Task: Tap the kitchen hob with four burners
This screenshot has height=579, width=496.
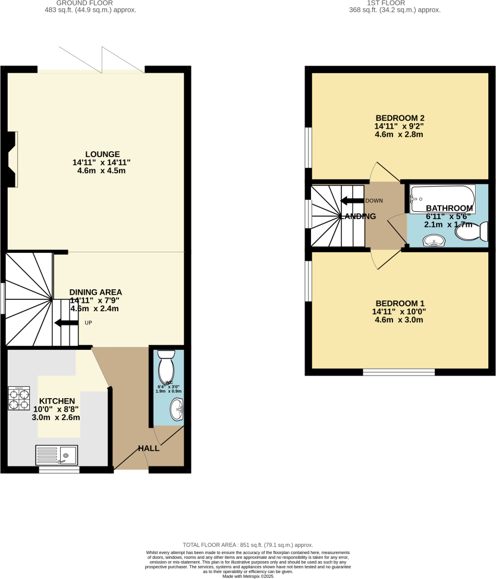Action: [18, 398]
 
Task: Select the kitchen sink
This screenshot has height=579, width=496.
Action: [56, 455]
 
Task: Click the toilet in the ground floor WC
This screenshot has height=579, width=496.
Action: [166, 365]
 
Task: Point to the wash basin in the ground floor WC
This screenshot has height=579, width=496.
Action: [176, 409]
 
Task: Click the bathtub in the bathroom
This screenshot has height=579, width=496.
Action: [442, 194]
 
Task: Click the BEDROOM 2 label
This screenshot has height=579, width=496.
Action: [399, 117]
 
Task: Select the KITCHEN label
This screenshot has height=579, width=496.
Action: [57, 401]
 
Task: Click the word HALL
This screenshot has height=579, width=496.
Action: [149, 448]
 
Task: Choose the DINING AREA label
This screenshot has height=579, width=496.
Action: [96, 292]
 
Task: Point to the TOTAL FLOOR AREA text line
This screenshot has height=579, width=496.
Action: [248, 544]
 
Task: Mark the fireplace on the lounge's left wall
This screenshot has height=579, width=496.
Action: [11, 157]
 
